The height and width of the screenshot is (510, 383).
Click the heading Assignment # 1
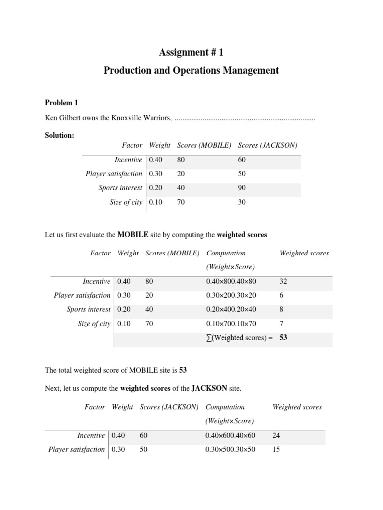191,53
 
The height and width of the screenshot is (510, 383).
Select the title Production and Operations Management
191,70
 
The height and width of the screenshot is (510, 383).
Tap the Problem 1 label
62,103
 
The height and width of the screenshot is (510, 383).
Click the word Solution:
59,135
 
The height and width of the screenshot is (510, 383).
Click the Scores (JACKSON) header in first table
268,145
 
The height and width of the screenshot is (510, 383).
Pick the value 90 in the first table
242,188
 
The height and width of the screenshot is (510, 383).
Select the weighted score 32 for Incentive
283,281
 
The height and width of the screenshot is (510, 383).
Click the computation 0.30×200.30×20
231,295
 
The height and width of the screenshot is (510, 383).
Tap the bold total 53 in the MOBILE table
283,338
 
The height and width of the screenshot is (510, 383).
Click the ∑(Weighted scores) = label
239,338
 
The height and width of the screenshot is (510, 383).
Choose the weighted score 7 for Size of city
282,324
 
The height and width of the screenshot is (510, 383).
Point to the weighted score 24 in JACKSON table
276,435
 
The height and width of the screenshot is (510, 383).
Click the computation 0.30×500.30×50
230,449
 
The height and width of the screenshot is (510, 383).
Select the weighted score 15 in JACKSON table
276,449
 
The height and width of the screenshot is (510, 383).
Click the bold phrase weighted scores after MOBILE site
241,234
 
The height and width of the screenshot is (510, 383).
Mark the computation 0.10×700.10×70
231,324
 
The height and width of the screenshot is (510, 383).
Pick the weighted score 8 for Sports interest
282,309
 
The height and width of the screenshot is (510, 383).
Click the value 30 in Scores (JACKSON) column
242,202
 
